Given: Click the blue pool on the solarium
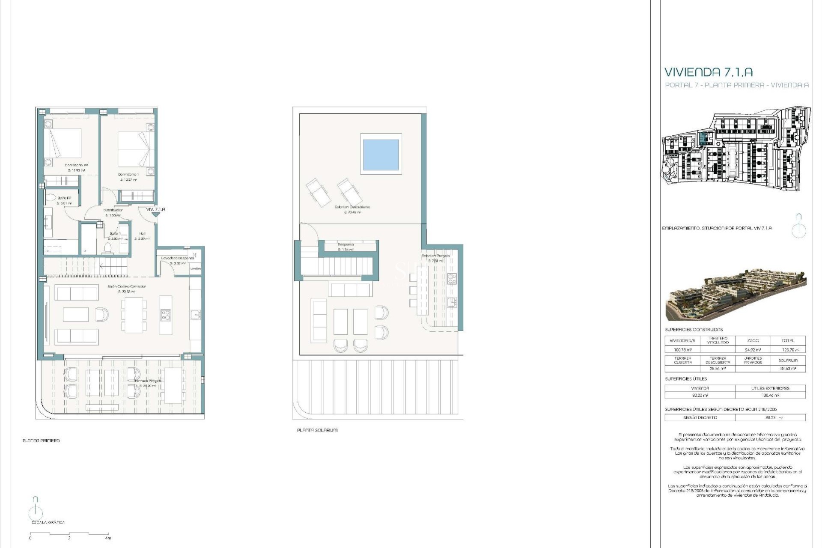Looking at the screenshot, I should pos(381,154).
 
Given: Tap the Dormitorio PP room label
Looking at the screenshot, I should pos(76,165).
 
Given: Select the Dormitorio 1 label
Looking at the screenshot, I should pos(128,175).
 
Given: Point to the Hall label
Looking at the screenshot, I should pos(142,234).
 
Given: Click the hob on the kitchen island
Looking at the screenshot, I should pos(165,316).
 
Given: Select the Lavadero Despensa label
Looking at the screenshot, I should pos(178,258).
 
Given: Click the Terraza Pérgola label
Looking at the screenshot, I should pos(148,381).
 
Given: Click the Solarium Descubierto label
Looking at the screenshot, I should pos(352,207).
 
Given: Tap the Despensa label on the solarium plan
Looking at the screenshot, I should pos(345,244).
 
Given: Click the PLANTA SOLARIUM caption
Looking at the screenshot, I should pos(317,430).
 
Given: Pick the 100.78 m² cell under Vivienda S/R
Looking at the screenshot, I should pos(682,350).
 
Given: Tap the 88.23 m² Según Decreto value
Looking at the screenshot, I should pos(770,417).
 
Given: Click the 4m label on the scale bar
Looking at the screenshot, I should pos(108,538).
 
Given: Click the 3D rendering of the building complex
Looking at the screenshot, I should pos(736,295).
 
